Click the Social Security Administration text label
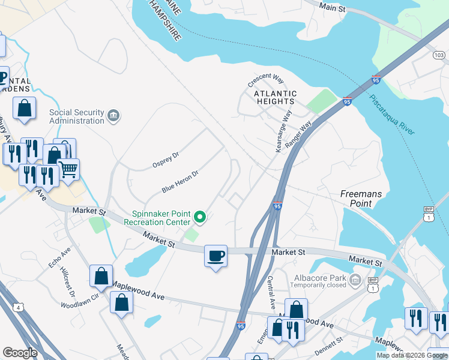(x=76, y=116)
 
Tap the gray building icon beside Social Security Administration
(x=113, y=115)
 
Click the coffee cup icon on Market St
(x=216, y=256)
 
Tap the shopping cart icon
(x=68, y=170)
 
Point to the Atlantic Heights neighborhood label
(x=275, y=98)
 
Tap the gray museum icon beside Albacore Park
(x=355, y=280)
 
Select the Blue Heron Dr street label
(x=179, y=181)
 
